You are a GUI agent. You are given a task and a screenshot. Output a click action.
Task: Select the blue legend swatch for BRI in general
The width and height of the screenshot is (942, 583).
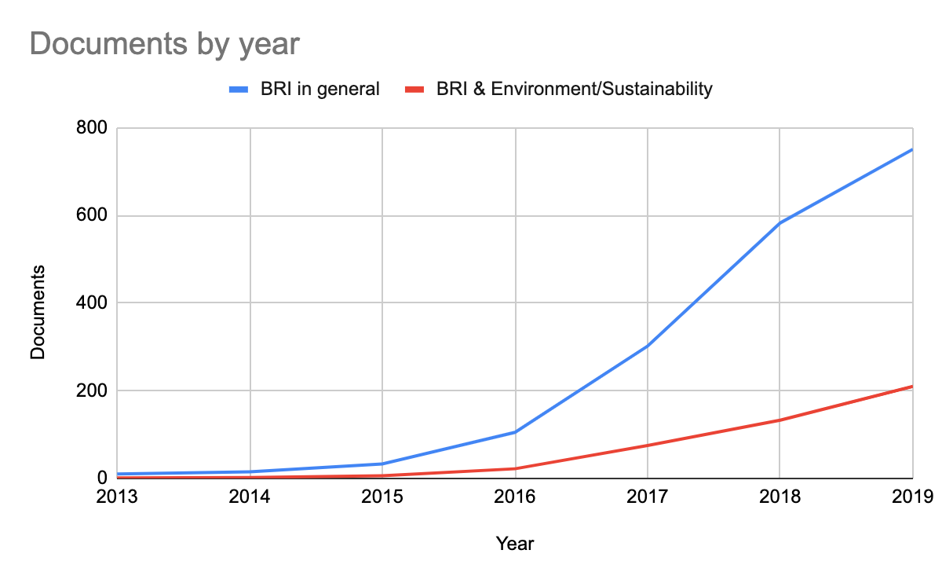tap(239, 89)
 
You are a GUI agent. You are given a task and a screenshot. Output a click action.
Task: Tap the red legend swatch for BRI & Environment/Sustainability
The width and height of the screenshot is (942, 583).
tap(414, 89)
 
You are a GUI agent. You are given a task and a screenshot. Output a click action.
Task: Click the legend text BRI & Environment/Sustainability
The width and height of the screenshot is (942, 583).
tap(574, 89)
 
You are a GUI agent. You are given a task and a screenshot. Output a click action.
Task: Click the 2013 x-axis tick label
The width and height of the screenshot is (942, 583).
tap(118, 497)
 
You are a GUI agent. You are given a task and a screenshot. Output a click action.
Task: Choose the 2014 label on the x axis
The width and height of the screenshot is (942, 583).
tap(250, 497)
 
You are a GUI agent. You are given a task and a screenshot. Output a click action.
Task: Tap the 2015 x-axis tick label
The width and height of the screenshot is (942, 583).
tap(382, 497)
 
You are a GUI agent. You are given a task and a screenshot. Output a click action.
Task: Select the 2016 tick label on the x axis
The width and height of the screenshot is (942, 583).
tap(515, 497)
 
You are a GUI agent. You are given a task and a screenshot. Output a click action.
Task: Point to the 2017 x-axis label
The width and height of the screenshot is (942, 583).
tap(648, 497)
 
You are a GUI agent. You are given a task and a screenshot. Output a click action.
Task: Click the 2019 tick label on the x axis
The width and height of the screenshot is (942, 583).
tap(912, 497)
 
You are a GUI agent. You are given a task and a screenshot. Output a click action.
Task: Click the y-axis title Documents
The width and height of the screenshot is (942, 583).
tap(38, 313)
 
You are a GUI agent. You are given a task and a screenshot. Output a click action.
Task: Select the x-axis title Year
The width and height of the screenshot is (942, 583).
tap(515, 543)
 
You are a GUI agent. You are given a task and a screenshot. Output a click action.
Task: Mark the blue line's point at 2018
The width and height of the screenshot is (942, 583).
tap(780, 223)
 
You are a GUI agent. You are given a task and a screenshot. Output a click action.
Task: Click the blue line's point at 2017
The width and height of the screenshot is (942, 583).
tap(648, 346)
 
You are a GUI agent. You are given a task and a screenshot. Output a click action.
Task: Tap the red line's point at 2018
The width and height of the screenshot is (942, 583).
tap(780, 420)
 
